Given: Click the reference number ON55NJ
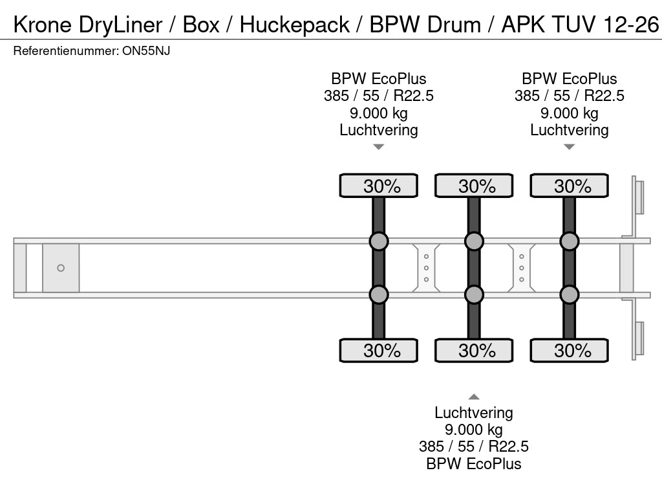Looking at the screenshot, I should pos(146,51).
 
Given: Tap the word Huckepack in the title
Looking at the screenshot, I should pos(296,25).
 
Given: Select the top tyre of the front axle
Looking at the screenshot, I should pos(379,186).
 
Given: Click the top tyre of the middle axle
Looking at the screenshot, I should pos(474,186).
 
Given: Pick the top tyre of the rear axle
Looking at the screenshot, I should pos(569,186).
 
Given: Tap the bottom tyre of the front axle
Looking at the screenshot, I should pos(379,350).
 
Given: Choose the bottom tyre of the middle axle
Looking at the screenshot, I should pos(474,350).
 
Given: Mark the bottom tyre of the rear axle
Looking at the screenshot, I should pos(569,350).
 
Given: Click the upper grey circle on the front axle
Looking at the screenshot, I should pos(379,241).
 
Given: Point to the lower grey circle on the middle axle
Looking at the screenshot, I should pos(474,294).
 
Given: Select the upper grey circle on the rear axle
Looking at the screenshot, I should pos(569,241).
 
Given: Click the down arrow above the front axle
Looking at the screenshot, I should pos(379,147).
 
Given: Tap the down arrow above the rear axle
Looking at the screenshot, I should pos(569,147).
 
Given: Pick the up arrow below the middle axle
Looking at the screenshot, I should pos(474,397).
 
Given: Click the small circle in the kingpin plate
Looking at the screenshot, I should pos(61,268).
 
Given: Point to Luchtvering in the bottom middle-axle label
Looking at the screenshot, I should pos(474,413).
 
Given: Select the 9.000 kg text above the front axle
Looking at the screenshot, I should pos(379,113).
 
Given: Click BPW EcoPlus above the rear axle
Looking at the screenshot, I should pos(569,79).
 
